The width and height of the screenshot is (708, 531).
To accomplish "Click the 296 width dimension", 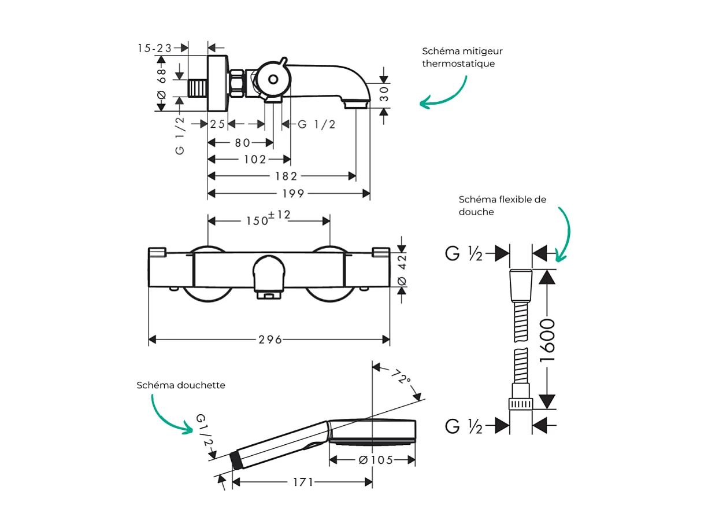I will coord(270,340).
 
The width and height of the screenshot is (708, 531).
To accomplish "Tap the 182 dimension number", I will coord(286,176).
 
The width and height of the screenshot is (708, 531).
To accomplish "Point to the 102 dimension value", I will coord(255,159).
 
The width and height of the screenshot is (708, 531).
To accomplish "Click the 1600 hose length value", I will coord(547,340).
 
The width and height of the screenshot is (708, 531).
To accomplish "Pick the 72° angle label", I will coord(399,378).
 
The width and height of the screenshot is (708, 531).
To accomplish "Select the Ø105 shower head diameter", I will coord(375,460).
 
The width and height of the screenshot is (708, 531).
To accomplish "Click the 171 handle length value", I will coord(302,482).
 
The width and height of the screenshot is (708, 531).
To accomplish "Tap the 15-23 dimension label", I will coord(155,48).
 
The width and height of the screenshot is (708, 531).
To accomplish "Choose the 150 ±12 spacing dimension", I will coord(268,219).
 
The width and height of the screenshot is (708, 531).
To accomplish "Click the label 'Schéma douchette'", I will coord(181,385).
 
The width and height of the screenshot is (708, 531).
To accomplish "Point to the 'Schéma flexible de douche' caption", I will coord(502,205).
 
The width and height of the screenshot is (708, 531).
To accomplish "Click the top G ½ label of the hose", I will coord(464,253).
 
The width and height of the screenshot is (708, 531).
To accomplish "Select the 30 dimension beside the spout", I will coord(385,94).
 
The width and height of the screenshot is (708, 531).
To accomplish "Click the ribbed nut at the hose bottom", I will coord(520,403).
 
